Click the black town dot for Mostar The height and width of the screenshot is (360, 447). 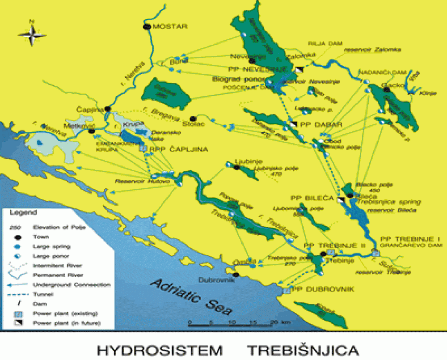coord(146,27)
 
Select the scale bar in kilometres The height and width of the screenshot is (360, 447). coord(232,323)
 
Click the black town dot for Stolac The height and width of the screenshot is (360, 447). coord(193,119)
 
